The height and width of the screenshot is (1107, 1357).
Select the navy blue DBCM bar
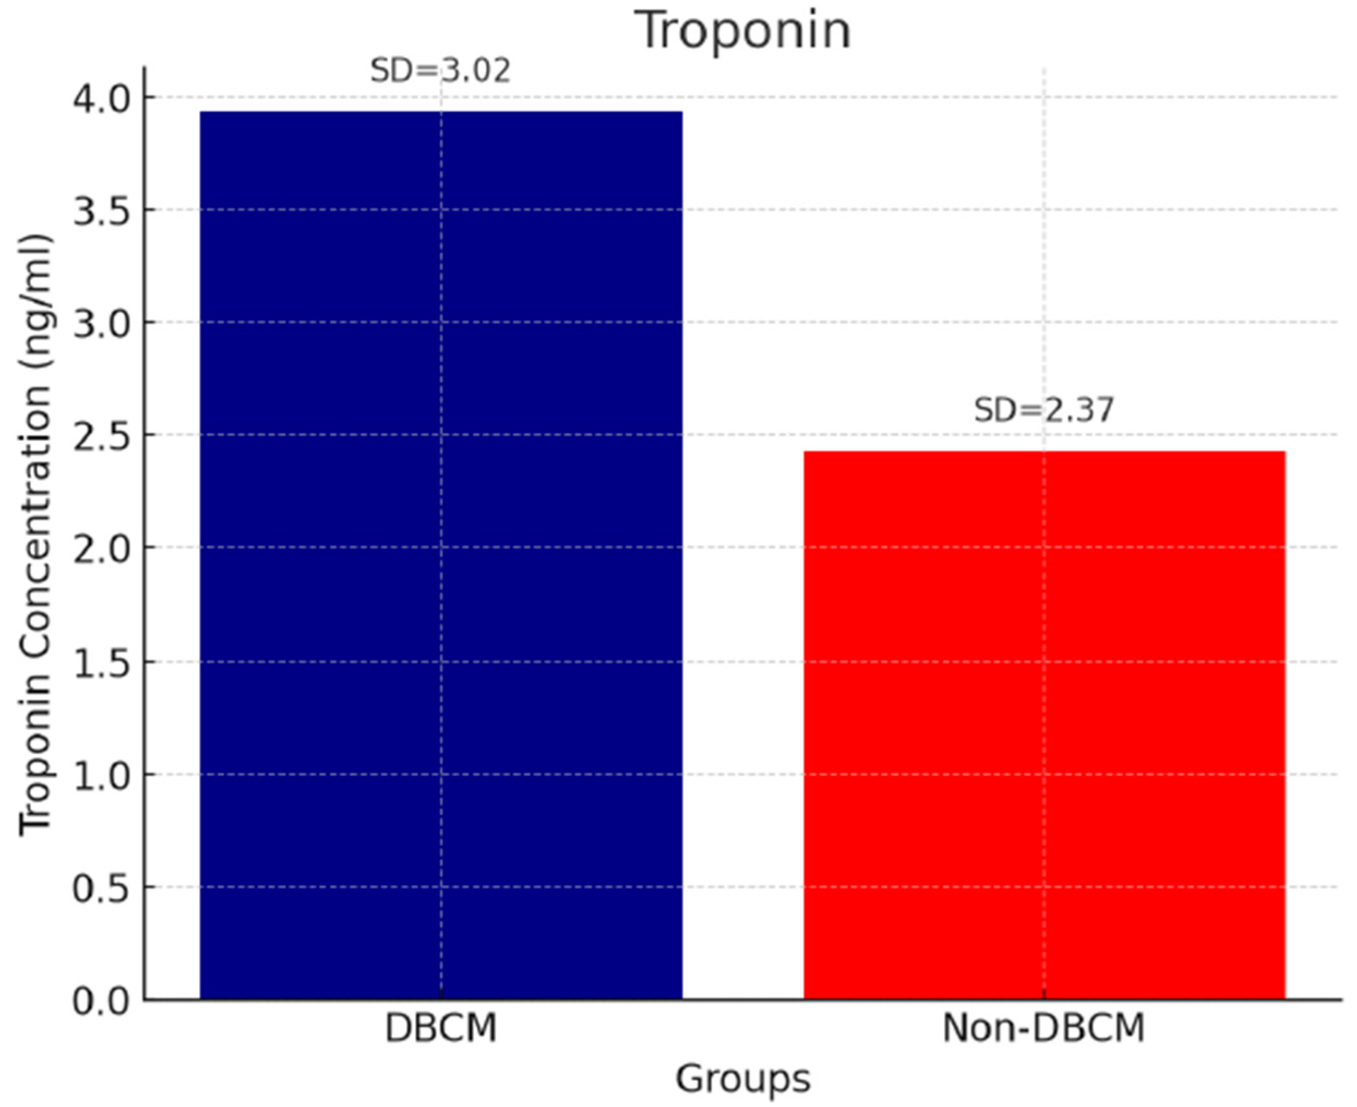click(x=441, y=555)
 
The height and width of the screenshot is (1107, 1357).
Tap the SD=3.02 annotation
click(x=441, y=71)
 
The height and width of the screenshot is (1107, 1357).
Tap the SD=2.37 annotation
click(x=1044, y=410)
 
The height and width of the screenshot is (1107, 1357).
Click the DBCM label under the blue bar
click(x=441, y=1028)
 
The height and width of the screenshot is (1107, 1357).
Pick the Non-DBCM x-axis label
click(x=1044, y=1028)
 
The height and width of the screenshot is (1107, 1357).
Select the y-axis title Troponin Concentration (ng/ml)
click(x=35, y=534)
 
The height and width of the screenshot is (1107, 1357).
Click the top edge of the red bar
click(x=1044, y=452)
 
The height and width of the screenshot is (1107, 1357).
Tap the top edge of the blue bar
click(x=441, y=112)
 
